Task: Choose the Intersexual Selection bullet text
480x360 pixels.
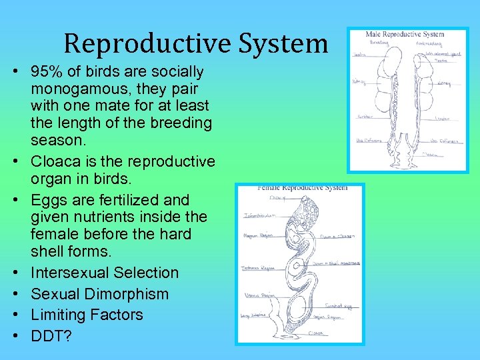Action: coord(105,273)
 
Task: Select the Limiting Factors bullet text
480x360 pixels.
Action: coord(87,315)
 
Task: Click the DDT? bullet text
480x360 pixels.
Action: coord(51,335)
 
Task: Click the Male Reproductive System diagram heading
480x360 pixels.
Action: coord(405,34)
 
